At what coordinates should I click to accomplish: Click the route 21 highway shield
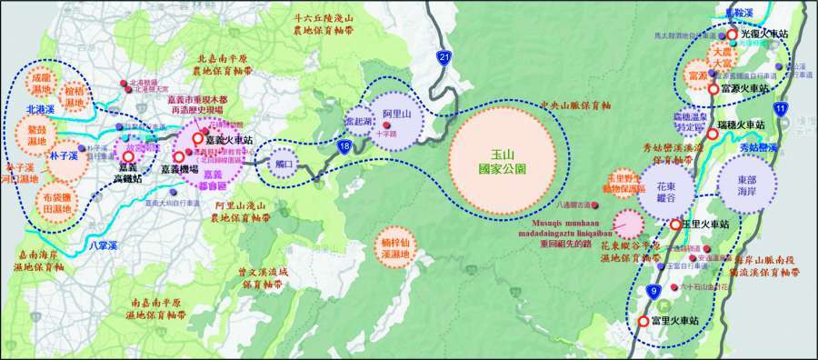coord(444,58)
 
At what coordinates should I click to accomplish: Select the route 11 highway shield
coord(782,108)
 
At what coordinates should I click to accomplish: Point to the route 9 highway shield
coord(653,290)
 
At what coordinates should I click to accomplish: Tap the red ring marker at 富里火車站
coord(643,321)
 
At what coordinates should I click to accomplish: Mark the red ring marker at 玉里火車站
coord(675,225)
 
